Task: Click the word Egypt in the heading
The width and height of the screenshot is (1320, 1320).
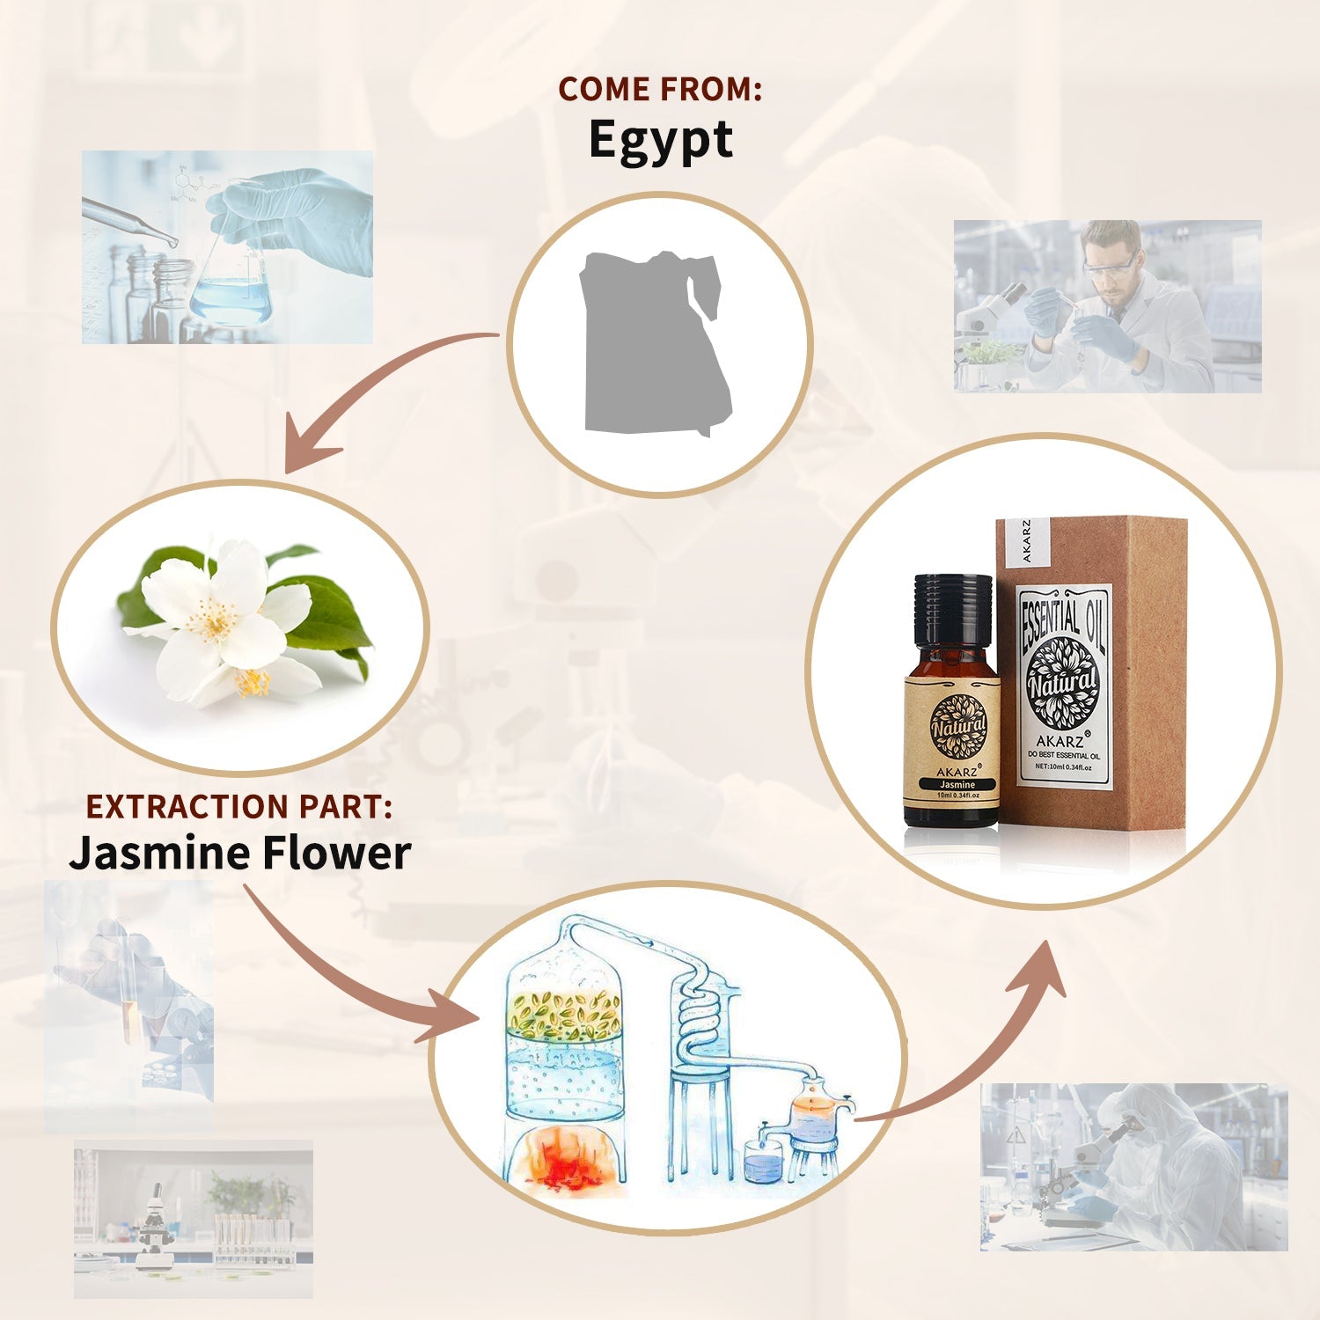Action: click(x=660, y=141)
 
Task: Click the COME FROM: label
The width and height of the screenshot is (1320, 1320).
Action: click(x=660, y=90)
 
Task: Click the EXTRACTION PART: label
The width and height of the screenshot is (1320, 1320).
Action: click(x=238, y=807)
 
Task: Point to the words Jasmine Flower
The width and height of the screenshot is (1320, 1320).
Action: click(x=240, y=854)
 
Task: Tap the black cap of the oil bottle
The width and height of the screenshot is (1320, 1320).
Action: click(x=953, y=607)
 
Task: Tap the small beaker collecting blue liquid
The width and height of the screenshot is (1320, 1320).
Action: click(x=762, y=1162)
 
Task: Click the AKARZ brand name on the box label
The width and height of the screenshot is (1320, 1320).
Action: click(x=1060, y=742)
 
